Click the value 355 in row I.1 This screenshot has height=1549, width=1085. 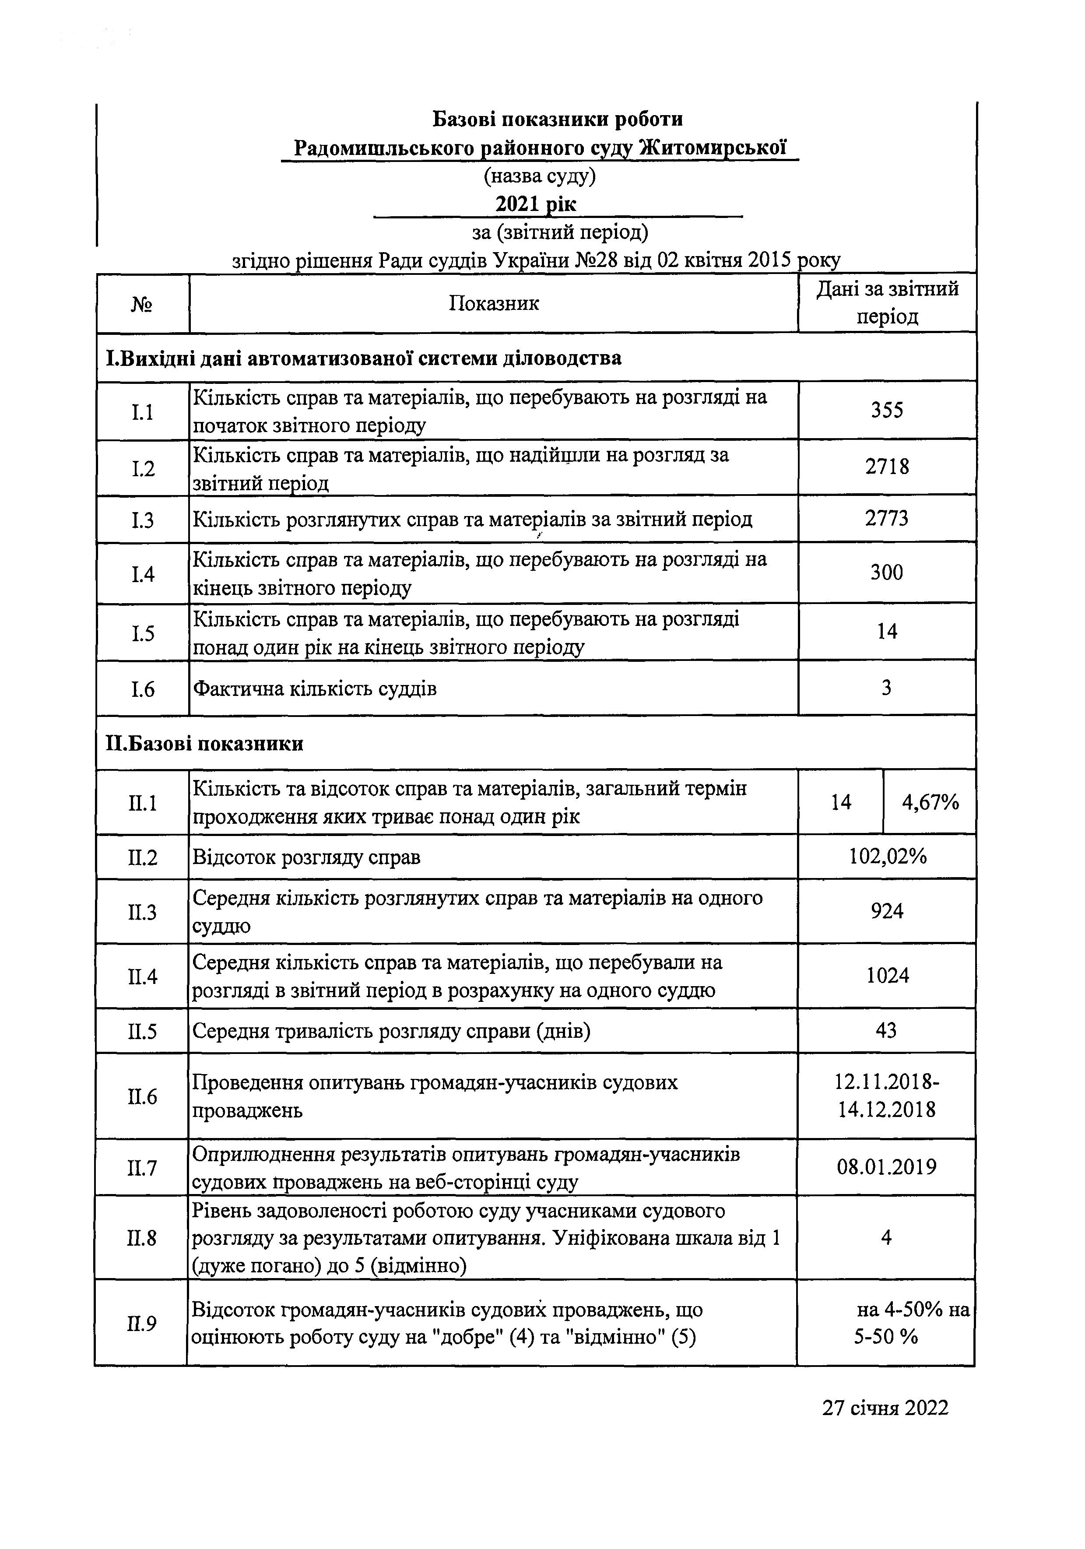click(x=887, y=410)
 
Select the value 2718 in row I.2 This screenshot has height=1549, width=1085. click(x=887, y=467)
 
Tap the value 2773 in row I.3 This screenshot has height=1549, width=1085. click(x=887, y=518)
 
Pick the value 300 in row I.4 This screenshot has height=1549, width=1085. click(x=887, y=573)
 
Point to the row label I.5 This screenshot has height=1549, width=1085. click(x=142, y=633)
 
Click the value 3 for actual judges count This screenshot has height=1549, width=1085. click(x=887, y=688)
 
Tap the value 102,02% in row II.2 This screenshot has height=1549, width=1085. click(x=887, y=857)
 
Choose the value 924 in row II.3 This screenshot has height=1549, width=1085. click(x=887, y=911)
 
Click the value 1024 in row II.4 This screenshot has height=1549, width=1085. click(x=887, y=976)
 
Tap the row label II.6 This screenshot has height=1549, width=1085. click(x=142, y=1097)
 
